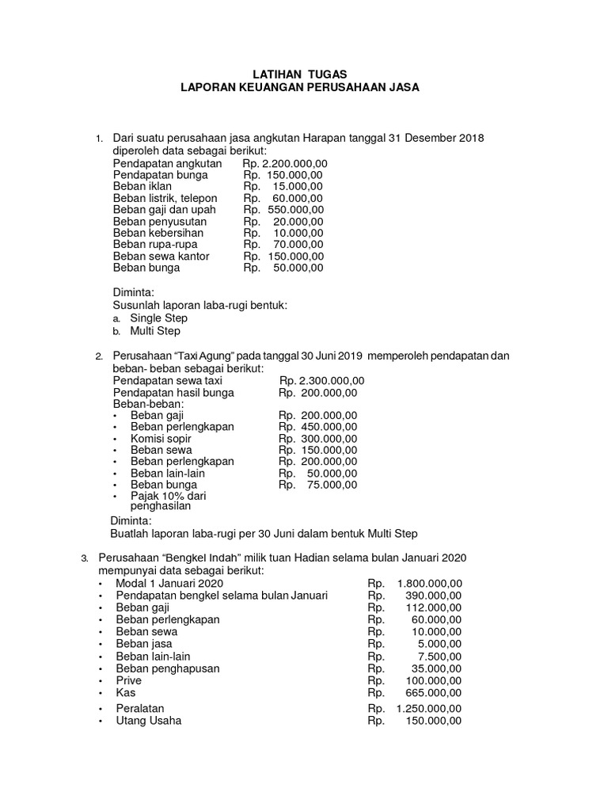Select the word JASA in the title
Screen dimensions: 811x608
tap(402, 87)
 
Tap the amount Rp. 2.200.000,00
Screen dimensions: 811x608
tap(285, 163)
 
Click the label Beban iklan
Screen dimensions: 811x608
tap(142, 186)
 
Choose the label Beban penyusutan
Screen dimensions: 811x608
tap(160, 222)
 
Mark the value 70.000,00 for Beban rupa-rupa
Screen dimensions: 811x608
tap(298, 245)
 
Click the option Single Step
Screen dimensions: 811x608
tap(158, 318)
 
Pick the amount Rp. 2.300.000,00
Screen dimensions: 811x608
tap(322, 380)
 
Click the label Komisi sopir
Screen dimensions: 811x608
tap(161, 438)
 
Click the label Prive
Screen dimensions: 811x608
tap(129, 680)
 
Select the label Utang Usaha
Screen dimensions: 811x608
tap(148, 721)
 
